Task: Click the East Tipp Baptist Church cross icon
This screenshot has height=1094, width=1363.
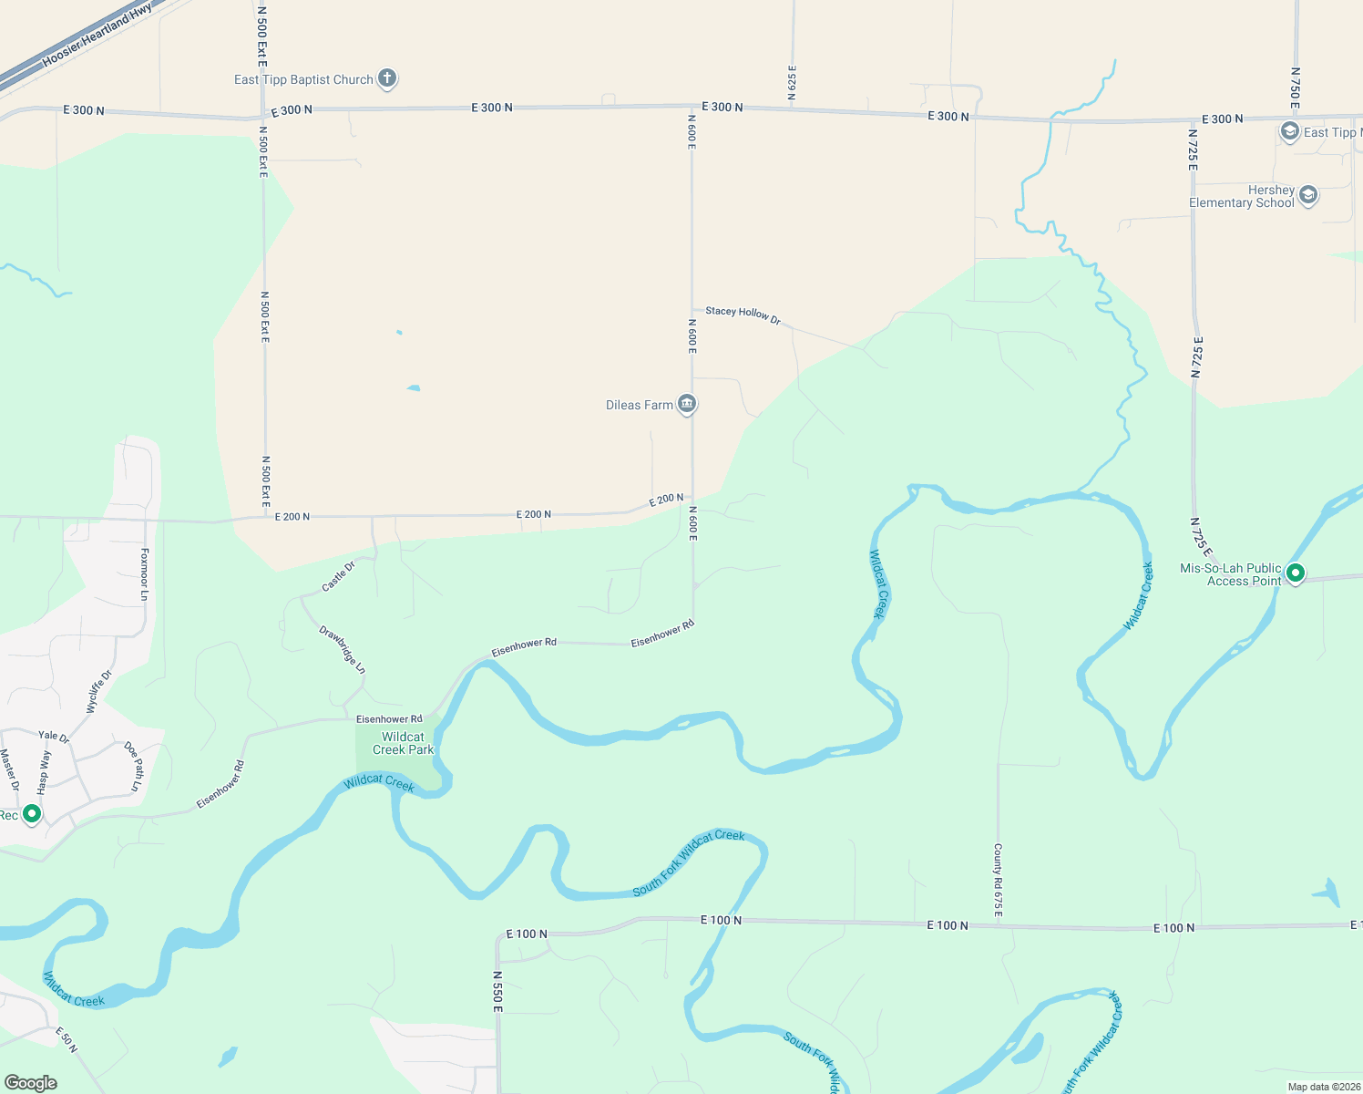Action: (387, 78)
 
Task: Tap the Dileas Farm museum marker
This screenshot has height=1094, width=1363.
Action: (688, 403)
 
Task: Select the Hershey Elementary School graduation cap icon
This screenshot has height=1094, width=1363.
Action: (1308, 195)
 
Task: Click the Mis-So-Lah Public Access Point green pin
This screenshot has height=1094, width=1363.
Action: (1295, 573)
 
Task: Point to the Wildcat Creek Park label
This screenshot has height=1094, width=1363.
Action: (404, 743)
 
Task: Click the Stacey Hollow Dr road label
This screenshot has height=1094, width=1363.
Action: (743, 315)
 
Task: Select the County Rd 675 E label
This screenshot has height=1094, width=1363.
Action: (998, 880)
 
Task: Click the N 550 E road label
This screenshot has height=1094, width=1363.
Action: (497, 992)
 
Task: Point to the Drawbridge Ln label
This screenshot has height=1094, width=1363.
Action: (343, 649)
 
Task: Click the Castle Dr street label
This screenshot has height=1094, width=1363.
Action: (338, 576)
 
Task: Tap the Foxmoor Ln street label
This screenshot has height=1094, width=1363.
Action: (144, 573)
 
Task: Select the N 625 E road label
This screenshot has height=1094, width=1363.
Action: (792, 82)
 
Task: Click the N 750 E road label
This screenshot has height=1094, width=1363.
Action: (1295, 88)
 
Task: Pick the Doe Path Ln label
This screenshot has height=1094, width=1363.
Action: (134, 766)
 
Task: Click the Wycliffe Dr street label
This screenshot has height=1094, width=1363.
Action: (98, 691)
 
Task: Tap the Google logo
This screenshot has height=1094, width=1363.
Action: (31, 1082)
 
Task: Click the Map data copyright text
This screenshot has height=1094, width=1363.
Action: (1323, 1087)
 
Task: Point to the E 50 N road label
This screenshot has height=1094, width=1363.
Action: (67, 1040)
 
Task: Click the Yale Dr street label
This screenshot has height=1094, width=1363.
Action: (54, 736)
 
